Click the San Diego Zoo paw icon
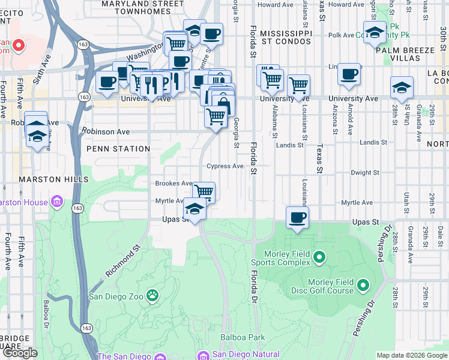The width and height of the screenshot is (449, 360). pos(154,295)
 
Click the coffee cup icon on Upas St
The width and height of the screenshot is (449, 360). pos(297,217)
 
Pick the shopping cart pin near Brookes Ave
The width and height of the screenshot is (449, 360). pos(203,191)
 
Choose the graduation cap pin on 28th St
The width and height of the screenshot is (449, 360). pos(401,88)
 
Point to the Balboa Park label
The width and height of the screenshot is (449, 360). pos(243,337)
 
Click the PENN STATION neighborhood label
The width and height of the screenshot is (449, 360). pos(118,149)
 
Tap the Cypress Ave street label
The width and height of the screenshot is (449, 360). pos(226,166)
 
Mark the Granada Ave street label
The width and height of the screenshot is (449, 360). pos(410,247)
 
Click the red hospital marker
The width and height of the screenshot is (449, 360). pos(18,44)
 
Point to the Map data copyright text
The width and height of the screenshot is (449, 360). pos(411,355)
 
